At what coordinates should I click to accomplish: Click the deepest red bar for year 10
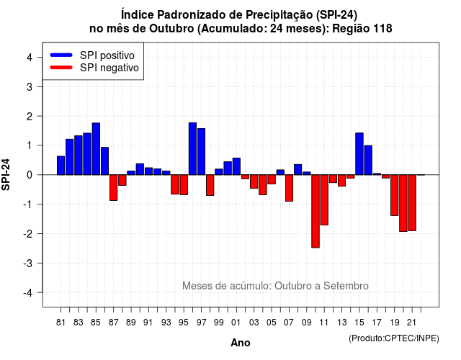point(315,211)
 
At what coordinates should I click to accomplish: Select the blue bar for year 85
point(96,149)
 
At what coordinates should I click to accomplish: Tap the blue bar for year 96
point(192,149)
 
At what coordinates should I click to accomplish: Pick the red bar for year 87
point(114,188)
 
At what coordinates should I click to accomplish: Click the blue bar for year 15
point(359,153)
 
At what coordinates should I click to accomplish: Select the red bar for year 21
point(412,203)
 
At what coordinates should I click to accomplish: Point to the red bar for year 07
point(290,188)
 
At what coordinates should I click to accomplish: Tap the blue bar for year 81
point(61,166)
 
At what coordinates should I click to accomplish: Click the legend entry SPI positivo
point(92,55)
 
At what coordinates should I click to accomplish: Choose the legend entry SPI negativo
point(94,68)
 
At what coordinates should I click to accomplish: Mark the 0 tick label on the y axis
point(30,175)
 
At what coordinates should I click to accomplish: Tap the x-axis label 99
point(219,323)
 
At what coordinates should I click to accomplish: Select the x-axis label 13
point(341,323)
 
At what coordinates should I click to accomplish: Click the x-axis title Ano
point(241,343)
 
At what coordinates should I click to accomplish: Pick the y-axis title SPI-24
point(6,174)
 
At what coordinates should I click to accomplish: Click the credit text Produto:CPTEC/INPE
point(394,338)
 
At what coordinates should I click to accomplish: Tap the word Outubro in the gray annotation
point(294,286)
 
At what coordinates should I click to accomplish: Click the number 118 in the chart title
point(382,29)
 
